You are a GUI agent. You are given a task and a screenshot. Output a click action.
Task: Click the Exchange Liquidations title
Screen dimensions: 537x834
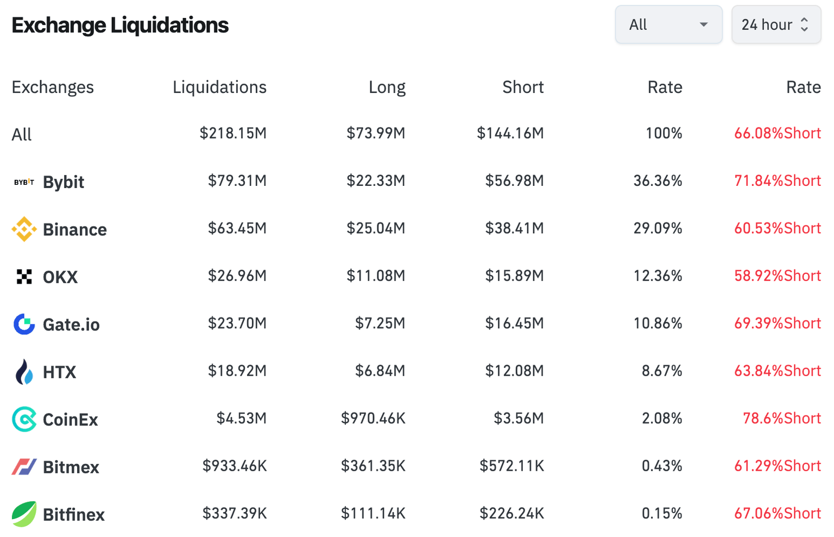pos(120,25)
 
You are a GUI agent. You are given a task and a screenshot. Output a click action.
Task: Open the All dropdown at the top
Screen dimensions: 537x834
pos(668,25)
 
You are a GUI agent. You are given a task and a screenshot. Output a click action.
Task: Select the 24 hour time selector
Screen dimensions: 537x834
pos(775,25)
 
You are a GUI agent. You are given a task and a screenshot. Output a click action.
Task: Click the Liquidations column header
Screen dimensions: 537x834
pos(219,87)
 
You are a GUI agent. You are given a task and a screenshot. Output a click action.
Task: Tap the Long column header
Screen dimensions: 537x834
pos(387,87)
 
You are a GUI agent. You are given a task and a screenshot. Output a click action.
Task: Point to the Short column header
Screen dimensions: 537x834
pos(522,87)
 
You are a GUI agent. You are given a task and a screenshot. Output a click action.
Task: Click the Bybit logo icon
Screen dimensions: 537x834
pos(24,182)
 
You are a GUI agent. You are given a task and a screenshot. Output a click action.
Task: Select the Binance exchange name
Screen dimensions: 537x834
pos(75,229)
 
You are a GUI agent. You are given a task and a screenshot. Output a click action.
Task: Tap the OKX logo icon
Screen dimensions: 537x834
pos(24,277)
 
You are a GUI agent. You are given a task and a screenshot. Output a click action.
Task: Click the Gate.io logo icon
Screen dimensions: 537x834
pos(24,324)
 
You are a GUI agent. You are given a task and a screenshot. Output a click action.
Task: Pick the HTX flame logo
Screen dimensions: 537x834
pos(24,372)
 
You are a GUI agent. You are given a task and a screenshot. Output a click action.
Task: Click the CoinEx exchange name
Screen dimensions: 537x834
pos(71,420)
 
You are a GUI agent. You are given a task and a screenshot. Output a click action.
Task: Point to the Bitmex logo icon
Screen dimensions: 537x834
pos(24,467)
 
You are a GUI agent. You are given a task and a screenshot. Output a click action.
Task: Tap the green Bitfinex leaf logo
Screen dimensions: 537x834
pos(24,514)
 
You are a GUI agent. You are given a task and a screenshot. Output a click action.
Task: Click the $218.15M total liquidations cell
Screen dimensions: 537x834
pos(233,133)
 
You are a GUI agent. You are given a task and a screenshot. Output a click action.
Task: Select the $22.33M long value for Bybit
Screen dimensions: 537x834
pos(376,180)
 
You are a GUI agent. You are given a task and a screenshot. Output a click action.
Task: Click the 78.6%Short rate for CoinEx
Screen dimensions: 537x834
pos(781,418)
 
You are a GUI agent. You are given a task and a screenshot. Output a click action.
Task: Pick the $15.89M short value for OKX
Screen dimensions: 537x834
pos(514,276)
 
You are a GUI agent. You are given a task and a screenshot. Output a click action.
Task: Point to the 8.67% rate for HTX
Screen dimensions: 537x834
pos(661,371)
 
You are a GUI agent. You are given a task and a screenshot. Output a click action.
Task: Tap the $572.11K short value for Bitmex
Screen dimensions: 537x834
pos(511,466)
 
